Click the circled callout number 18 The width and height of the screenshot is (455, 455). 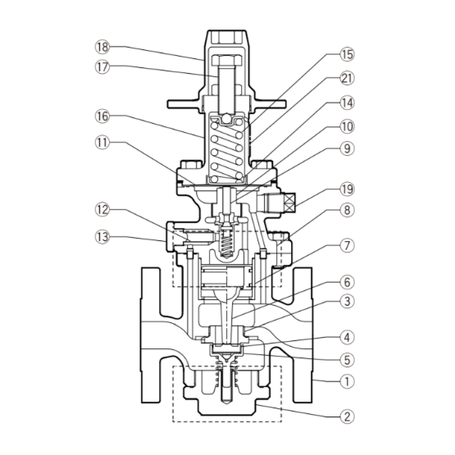click(102, 47)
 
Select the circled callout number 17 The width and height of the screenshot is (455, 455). click(102, 67)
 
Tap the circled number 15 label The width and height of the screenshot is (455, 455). click(348, 54)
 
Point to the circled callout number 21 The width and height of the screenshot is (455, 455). click(348, 79)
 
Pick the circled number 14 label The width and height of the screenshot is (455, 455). click(348, 102)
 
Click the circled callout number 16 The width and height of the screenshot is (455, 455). click(102, 116)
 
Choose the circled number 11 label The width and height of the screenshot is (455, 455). click(102, 143)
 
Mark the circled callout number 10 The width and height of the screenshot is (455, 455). click(348, 126)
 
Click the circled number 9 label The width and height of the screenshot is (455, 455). click(348, 148)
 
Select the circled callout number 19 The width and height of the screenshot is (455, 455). click(348, 189)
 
